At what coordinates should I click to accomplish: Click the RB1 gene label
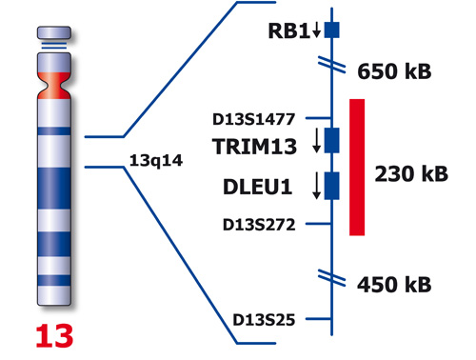pyautogui.click(x=288, y=30)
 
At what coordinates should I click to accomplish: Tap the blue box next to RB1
pyautogui.click(x=332, y=30)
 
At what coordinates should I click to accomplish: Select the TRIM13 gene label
pyautogui.click(x=254, y=147)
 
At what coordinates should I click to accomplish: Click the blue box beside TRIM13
pyautogui.click(x=332, y=140)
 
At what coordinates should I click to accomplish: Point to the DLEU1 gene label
pyautogui.click(x=257, y=187)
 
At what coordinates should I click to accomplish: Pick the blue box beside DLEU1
pyautogui.click(x=332, y=186)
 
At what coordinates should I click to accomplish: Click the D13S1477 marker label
pyautogui.click(x=253, y=119)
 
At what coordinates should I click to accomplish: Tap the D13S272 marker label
pyautogui.click(x=259, y=225)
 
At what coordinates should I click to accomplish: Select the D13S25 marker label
pyautogui.click(x=264, y=320)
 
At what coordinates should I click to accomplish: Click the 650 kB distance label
pyautogui.click(x=394, y=70)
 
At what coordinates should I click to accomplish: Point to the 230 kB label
pyautogui.click(x=411, y=173)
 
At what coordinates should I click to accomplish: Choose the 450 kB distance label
pyautogui.click(x=394, y=284)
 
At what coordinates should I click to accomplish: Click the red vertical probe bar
pyautogui.click(x=357, y=168)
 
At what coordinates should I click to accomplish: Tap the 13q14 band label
pyautogui.click(x=156, y=160)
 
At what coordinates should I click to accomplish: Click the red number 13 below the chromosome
pyautogui.click(x=54, y=336)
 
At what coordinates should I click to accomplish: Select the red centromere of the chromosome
pyautogui.click(x=54, y=86)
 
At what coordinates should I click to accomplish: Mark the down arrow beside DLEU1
pyautogui.click(x=316, y=186)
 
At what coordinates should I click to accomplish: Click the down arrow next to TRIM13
pyautogui.click(x=316, y=140)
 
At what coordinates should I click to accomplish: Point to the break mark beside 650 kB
pyautogui.click(x=332, y=65)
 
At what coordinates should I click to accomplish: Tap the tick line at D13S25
pyautogui.click(x=319, y=319)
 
